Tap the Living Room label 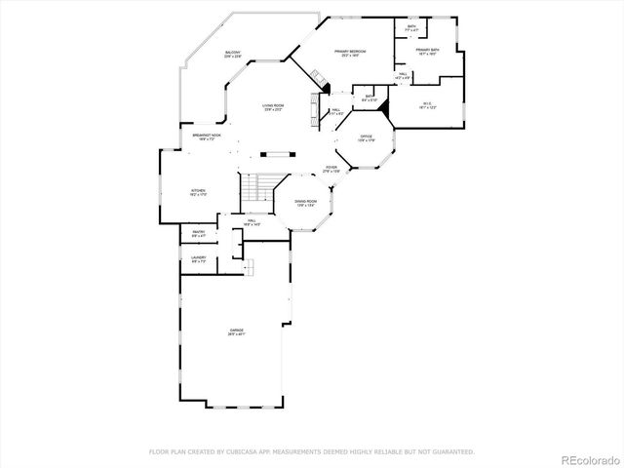pos(272,106)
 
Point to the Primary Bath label pos(426,51)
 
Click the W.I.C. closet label pos(426,104)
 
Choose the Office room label pos(367,137)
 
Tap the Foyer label pos(331,169)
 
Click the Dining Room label pos(306,203)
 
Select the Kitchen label pos(198,192)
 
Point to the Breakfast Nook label pos(206,136)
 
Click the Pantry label pos(198,233)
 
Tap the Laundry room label pos(198,259)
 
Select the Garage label pos(236,331)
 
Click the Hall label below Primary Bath pos(403,75)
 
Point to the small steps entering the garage pos(249,266)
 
